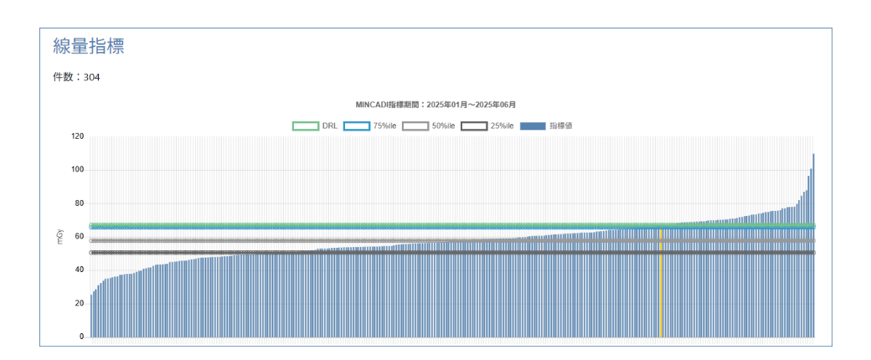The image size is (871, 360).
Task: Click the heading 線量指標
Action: tap(88, 46)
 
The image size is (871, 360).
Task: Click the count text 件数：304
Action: tap(76, 77)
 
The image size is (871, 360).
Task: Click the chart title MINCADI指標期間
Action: tap(435, 105)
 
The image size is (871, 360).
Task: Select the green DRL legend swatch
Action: tap(305, 126)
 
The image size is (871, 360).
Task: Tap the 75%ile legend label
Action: tap(385, 126)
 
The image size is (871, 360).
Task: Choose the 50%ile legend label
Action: tap(443, 126)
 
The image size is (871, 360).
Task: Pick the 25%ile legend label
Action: tap(502, 126)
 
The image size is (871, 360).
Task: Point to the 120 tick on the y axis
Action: tap(77, 136)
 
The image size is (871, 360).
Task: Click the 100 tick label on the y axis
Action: tap(77, 170)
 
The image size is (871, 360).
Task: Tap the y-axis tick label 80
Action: tap(79, 203)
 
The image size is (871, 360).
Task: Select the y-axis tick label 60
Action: tap(79, 236)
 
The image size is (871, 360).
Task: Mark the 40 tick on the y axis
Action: tap(79, 270)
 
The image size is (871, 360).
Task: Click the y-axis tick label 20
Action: tap(79, 303)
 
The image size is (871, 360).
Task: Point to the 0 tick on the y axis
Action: tap(81, 337)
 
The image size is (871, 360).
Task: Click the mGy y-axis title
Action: tap(59, 237)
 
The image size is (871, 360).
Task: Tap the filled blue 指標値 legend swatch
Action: tap(533, 126)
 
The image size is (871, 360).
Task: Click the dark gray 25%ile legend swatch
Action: tap(474, 126)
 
